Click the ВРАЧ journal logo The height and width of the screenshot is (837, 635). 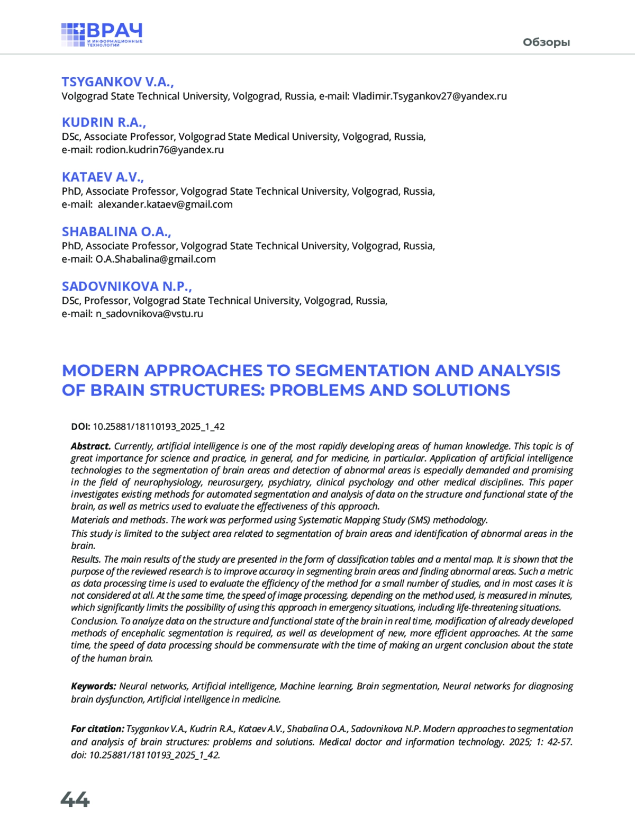[102, 35]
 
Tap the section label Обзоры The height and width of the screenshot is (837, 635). [546, 42]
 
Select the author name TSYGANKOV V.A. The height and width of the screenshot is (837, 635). [117, 82]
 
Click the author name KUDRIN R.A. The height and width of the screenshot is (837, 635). [104, 122]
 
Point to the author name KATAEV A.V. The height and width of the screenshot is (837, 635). [103, 177]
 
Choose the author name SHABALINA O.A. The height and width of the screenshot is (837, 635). [116, 232]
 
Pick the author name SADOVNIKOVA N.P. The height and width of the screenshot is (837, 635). [126, 286]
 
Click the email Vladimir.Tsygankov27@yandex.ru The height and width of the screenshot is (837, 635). [429, 96]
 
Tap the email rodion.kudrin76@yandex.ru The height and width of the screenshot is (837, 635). [159, 150]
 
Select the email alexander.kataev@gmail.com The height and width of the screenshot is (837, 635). [165, 204]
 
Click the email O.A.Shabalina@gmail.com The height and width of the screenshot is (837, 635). [156, 259]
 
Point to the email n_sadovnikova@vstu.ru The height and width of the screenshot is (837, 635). [149, 314]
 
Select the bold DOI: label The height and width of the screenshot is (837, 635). [80, 427]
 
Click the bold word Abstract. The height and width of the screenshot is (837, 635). [90, 446]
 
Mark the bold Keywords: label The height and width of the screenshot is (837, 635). [93, 686]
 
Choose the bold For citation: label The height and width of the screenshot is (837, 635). [97, 729]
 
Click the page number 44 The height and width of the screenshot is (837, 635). [75, 799]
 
